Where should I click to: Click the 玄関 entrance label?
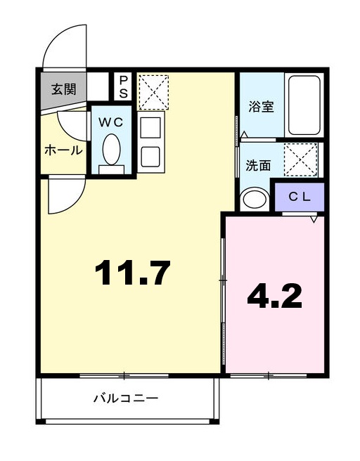point(63,89)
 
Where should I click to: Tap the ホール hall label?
point(63,150)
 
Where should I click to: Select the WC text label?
point(110,122)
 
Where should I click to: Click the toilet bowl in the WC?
point(111,149)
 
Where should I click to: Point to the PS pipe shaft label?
point(123,86)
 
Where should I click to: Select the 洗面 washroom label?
point(258,165)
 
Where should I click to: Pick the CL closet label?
point(300,197)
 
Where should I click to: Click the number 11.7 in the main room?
point(134,273)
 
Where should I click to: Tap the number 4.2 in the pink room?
point(274,296)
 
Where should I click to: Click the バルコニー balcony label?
point(127,398)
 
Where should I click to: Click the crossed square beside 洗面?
point(300,160)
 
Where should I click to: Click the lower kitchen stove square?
point(150,157)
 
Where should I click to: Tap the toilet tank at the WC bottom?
point(111,169)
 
